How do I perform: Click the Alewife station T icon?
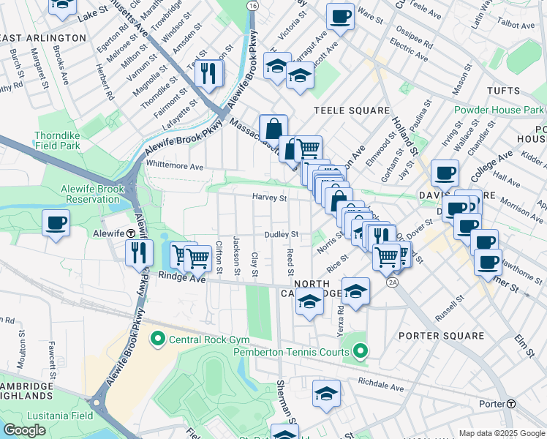(129, 233)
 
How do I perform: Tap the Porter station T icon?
(511, 404)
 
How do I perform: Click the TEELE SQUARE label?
(352, 110)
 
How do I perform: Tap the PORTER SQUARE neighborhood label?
(442, 336)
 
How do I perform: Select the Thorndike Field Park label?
(61, 141)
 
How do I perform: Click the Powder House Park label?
(499, 110)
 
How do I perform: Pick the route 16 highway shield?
(252, 5)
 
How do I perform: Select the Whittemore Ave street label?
(175, 167)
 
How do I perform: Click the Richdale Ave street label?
(381, 386)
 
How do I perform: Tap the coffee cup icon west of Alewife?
(56, 222)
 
